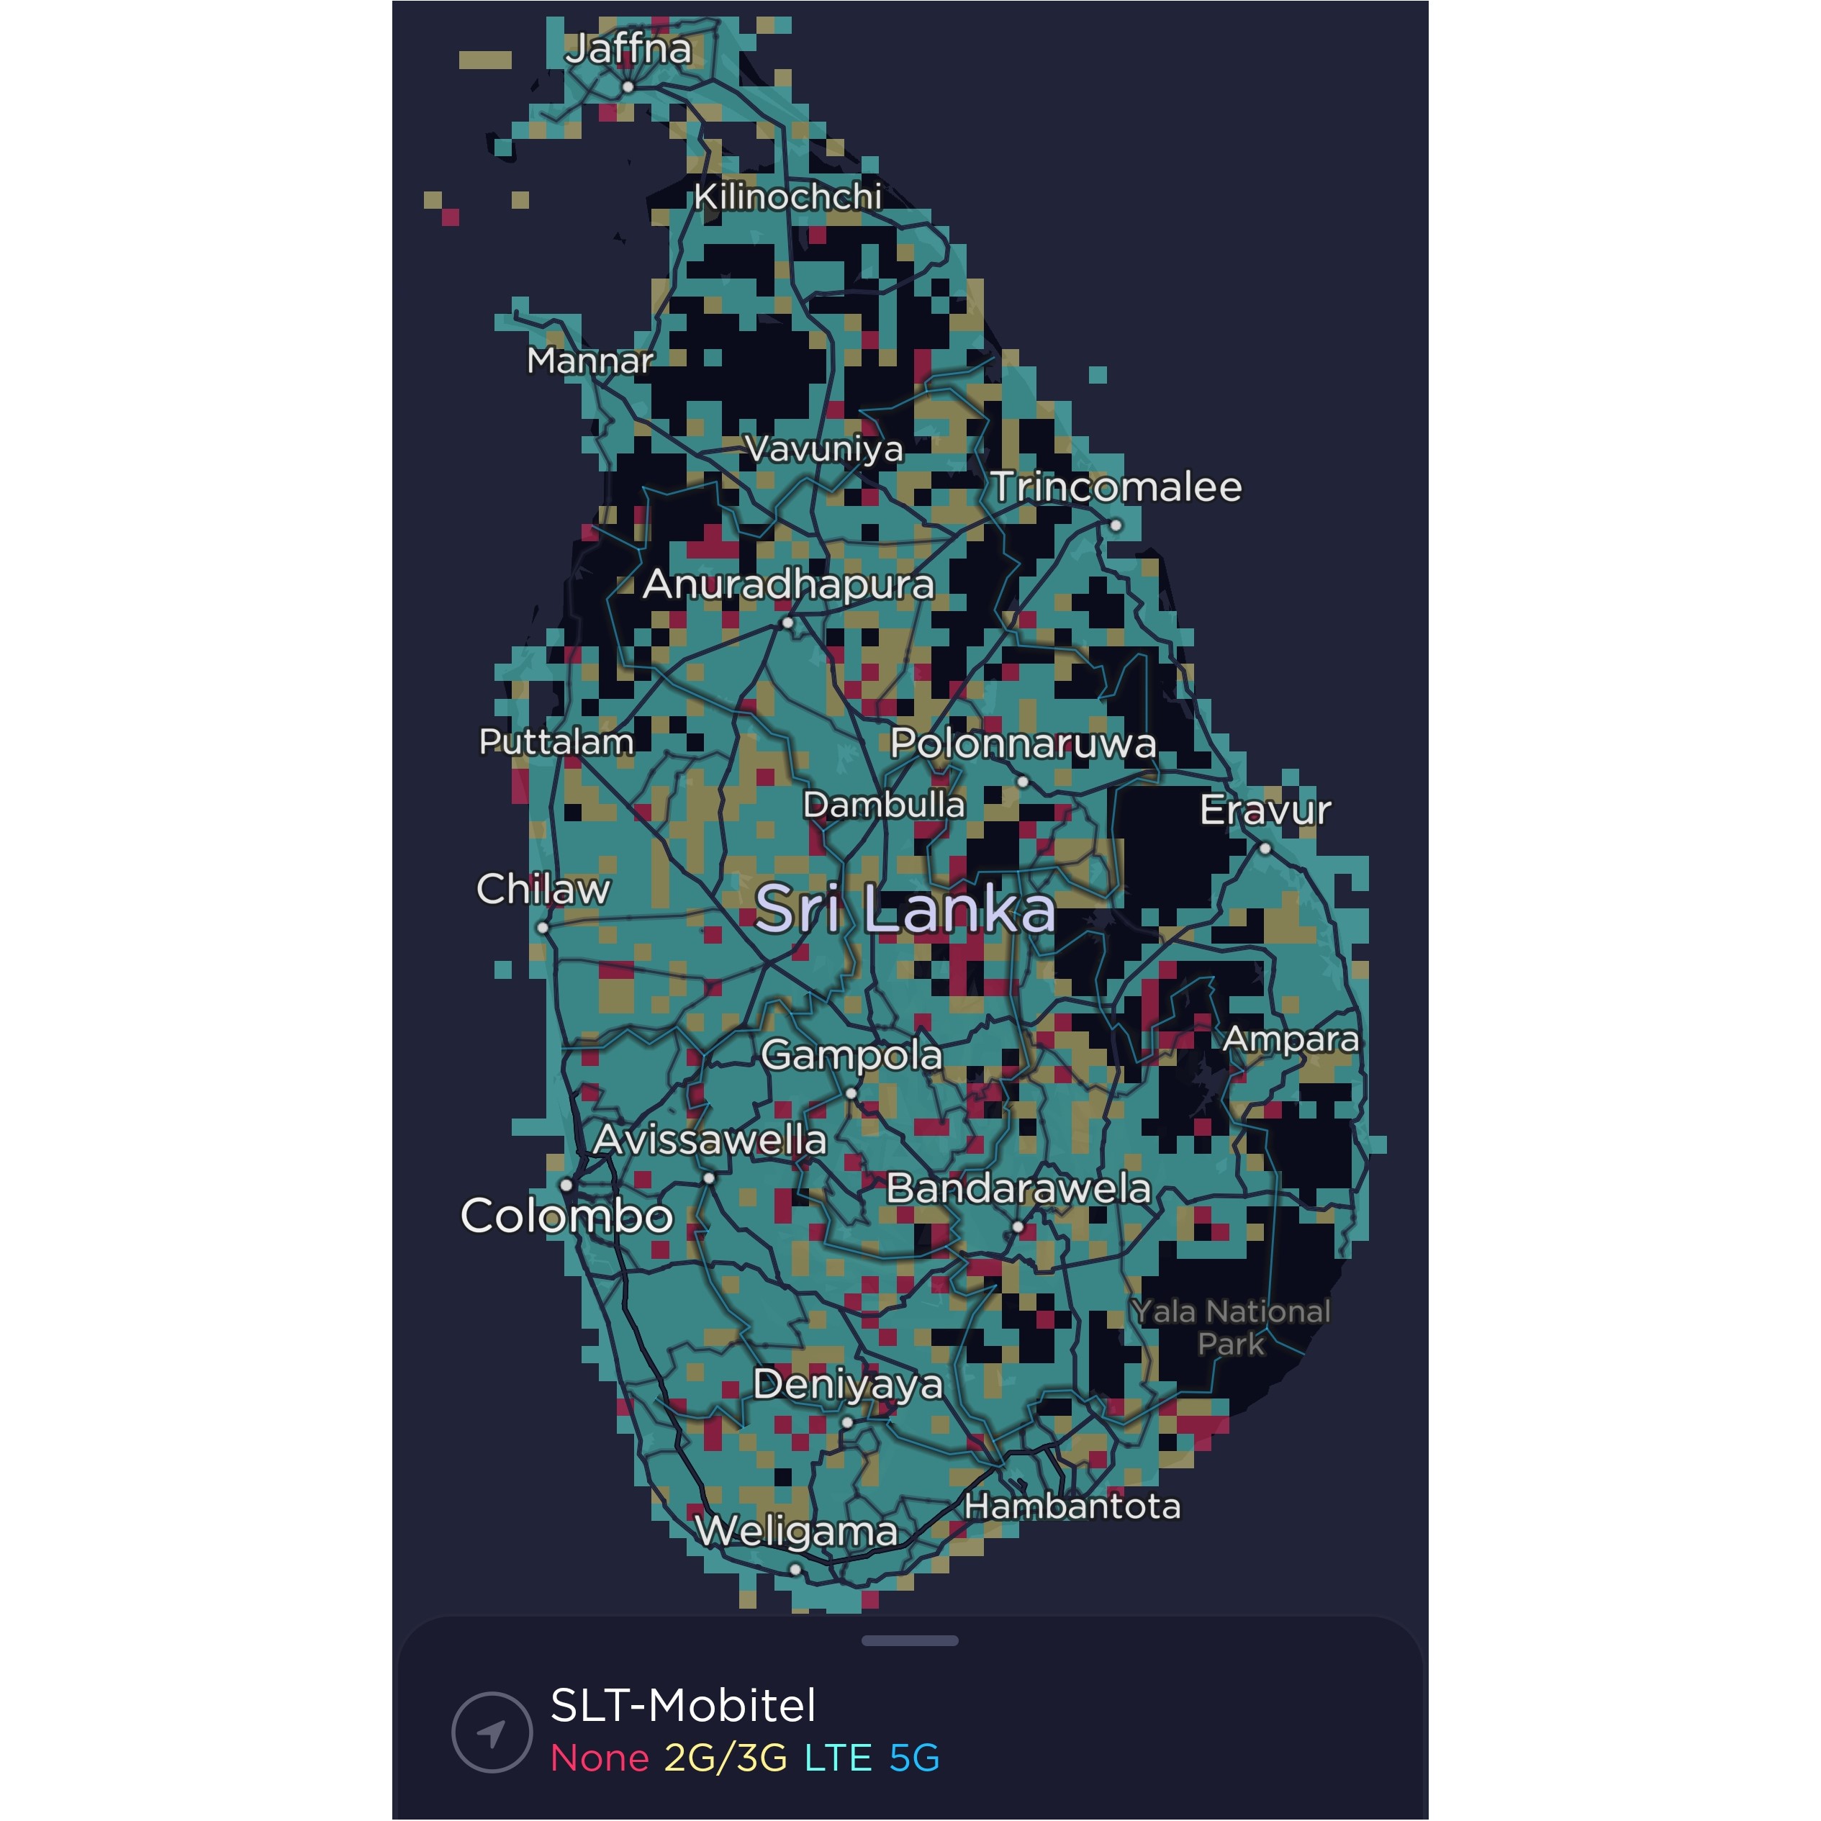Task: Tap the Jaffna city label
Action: click(x=628, y=49)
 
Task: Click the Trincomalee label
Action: click(x=1116, y=487)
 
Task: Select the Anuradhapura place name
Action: click(x=788, y=584)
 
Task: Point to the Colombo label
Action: click(x=566, y=1216)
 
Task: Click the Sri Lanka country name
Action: click(x=905, y=910)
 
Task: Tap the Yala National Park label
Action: click(x=1231, y=1327)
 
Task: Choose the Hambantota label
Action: click(x=1072, y=1506)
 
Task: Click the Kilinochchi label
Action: click(x=788, y=197)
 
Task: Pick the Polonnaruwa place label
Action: click(x=1024, y=744)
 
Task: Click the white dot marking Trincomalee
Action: click(x=1116, y=525)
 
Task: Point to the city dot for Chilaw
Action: click(x=543, y=928)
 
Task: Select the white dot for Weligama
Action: click(x=795, y=1569)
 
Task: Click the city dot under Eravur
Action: click(x=1265, y=849)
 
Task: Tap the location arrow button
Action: click(x=491, y=1732)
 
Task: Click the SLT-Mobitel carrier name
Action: click(x=683, y=1706)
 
